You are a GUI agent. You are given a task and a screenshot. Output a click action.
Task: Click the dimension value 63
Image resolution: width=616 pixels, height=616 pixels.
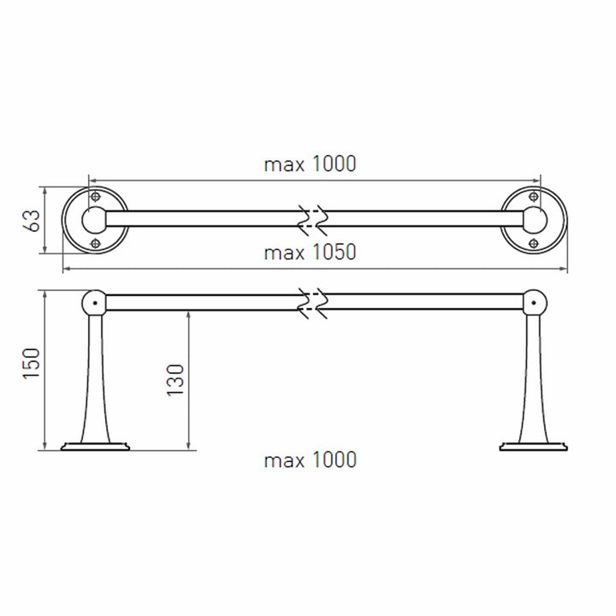[33, 221]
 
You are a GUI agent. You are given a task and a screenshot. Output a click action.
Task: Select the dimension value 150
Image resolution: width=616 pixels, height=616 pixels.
[32, 364]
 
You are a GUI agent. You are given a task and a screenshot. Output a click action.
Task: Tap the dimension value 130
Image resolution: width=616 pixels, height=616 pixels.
[175, 380]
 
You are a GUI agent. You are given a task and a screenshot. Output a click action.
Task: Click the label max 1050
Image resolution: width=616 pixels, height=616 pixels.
[310, 252]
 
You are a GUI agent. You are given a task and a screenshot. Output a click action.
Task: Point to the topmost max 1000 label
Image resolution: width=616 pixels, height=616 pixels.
[310, 163]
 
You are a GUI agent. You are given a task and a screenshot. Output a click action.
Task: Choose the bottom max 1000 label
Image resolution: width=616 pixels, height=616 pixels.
[310, 459]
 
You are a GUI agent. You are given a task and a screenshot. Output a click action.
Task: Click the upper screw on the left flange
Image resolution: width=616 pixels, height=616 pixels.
[95, 197]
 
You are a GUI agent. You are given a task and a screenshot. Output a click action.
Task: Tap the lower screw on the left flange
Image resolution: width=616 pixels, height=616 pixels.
[95, 244]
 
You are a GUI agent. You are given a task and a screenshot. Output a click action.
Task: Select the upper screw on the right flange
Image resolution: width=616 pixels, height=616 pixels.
[534, 197]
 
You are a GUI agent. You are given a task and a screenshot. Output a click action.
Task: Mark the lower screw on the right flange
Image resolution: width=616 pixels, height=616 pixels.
[534, 244]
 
